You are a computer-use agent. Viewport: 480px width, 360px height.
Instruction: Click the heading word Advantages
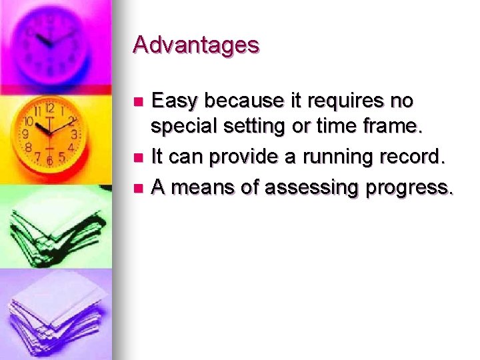point(195,45)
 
